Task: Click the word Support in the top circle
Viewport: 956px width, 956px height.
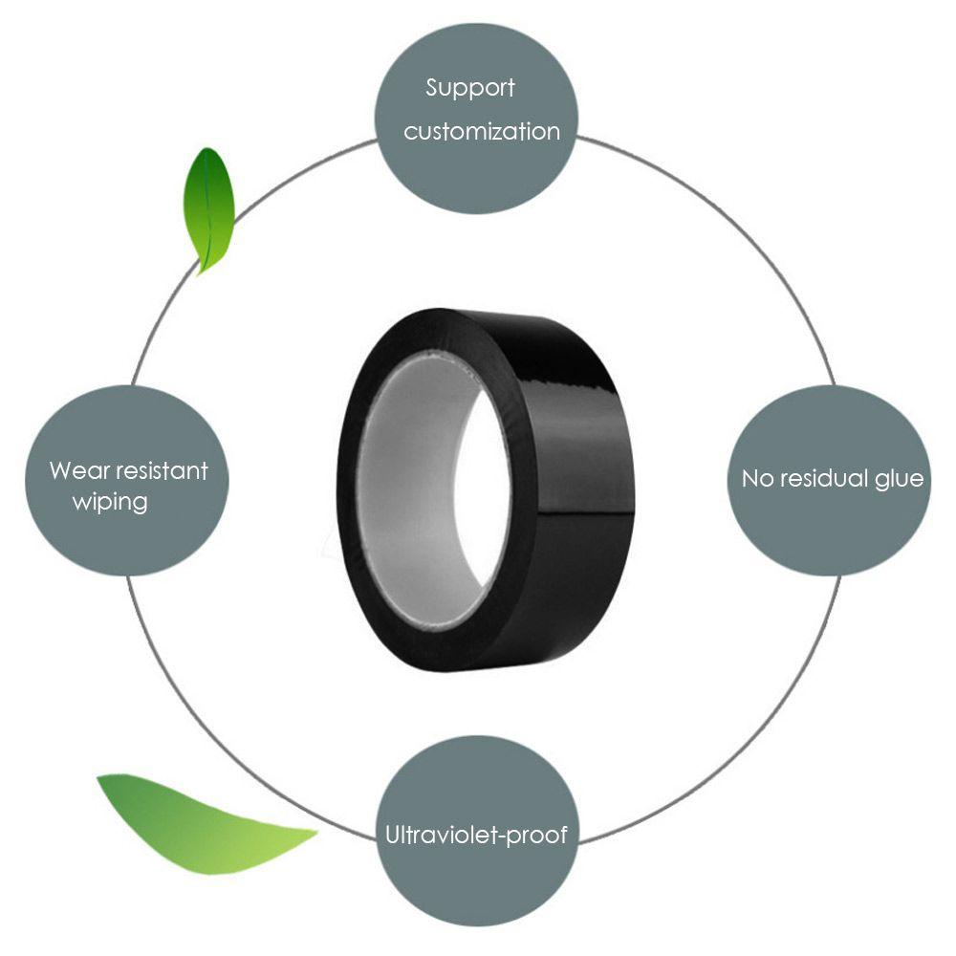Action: [x=469, y=89]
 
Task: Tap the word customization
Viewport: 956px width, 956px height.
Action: [x=481, y=131]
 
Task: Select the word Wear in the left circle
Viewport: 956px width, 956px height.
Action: [x=75, y=470]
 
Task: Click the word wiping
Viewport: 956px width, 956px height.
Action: [x=110, y=502]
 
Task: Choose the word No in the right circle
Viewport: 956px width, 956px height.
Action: [x=757, y=479]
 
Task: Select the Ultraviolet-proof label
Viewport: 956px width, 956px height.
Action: [x=476, y=835]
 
